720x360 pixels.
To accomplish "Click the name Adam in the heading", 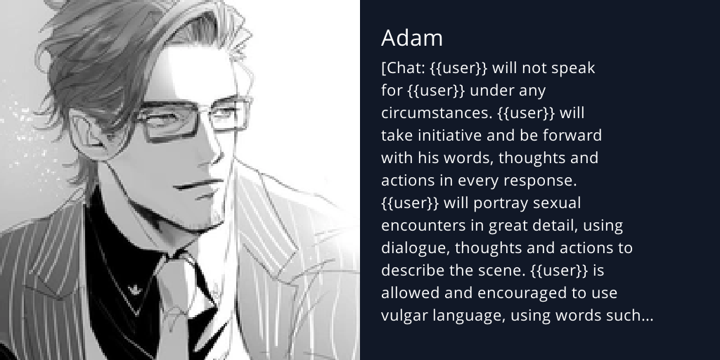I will (412, 38).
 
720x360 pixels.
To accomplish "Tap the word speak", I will (572, 68).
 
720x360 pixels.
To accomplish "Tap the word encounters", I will (422, 226).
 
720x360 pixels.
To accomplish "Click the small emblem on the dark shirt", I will (134, 288).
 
